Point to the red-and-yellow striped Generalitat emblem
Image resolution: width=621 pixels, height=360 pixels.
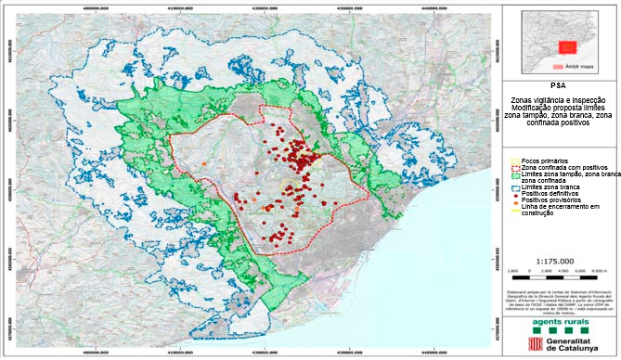pos(532,341)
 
